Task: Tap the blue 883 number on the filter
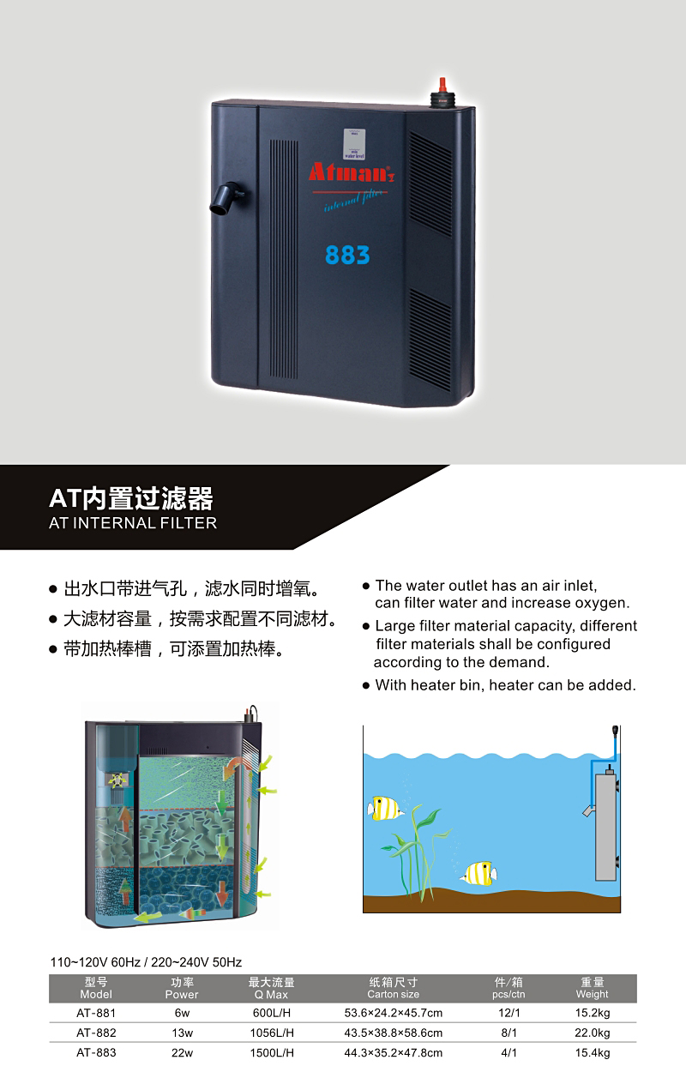coord(347,255)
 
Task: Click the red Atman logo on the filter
coord(352,172)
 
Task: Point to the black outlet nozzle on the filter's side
coord(226,199)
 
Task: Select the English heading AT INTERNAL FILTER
coord(133,523)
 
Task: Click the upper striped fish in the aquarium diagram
coord(385,808)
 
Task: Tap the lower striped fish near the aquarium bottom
coord(478,873)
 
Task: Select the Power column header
coord(182,988)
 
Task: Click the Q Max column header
coord(272,988)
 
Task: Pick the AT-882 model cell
coord(96,1033)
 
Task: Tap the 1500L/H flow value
coord(272,1052)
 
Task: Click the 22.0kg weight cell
coord(592,1033)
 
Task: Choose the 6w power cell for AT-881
coord(182,1013)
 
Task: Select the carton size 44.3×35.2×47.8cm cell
coord(393,1052)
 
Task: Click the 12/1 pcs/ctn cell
coord(508,1013)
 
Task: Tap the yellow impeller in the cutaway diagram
coord(117,780)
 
